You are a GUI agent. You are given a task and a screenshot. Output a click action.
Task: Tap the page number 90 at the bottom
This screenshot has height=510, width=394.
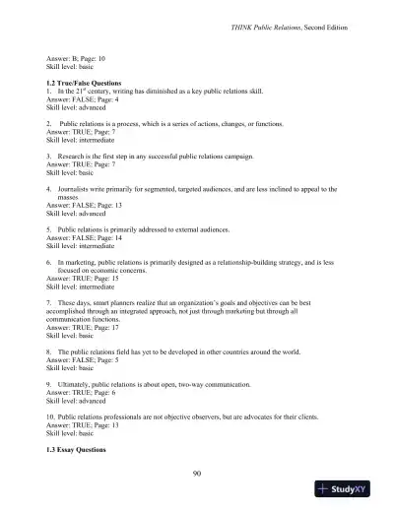coord(197,473)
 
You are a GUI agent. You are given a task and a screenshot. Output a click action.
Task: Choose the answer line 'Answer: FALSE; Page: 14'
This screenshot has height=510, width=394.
coord(87,236)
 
